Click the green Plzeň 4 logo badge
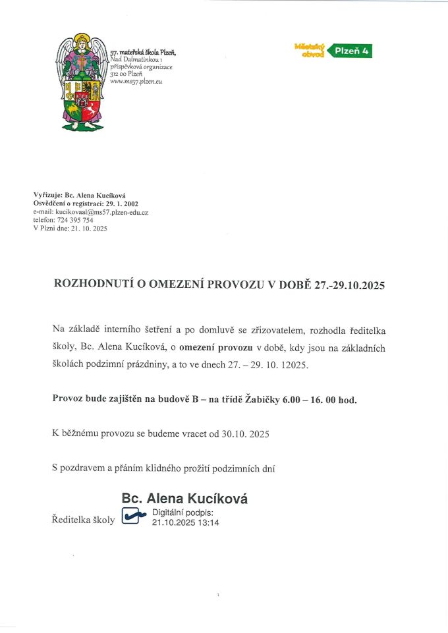click(350, 50)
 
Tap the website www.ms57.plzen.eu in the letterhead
click(136, 82)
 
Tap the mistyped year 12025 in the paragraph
click(294, 364)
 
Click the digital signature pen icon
click(134, 516)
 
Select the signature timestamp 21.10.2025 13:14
click(185, 522)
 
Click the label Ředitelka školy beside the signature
click(83, 520)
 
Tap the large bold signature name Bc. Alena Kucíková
click(184, 499)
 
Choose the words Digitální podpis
click(183, 512)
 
